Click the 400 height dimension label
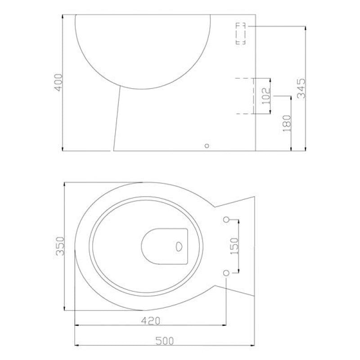(x=58, y=82)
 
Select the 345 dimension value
(x=301, y=88)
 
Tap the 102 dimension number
(x=266, y=96)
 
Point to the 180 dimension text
(x=287, y=123)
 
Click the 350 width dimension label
(x=60, y=246)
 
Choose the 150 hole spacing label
(x=234, y=246)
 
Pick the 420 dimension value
(x=151, y=320)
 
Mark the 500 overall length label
(x=165, y=341)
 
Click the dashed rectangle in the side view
(x=241, y=33)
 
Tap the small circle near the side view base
(x=207, y=146)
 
